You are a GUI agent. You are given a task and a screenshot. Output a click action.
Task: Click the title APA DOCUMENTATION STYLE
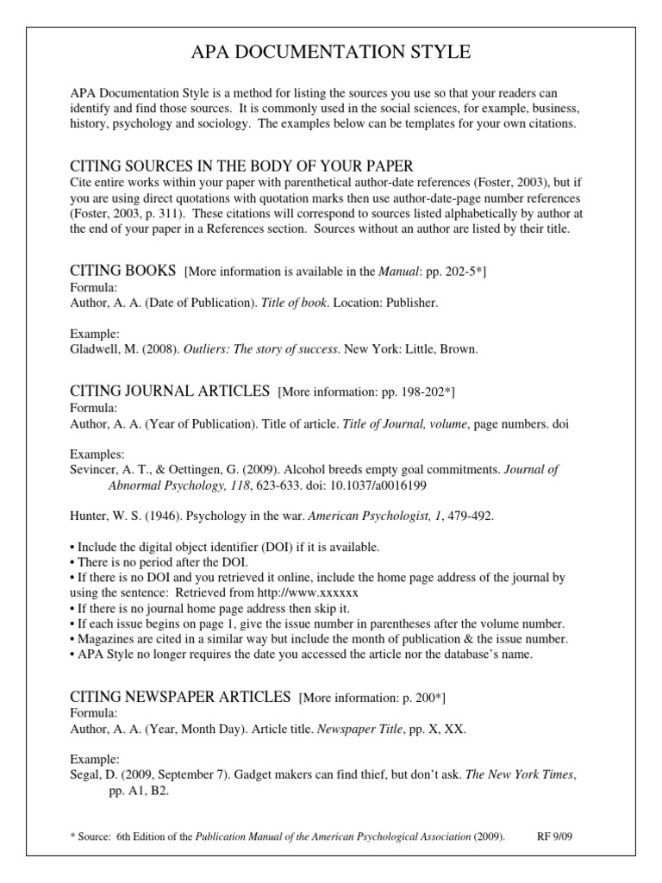[330, 53]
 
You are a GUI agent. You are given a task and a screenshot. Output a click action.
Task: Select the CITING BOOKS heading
[122, 272]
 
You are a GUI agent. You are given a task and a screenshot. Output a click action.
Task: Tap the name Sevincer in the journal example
[96, 470]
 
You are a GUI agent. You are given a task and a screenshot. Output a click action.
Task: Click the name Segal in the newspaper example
[85, 775]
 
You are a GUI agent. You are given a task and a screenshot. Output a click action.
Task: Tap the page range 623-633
[278, 485]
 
